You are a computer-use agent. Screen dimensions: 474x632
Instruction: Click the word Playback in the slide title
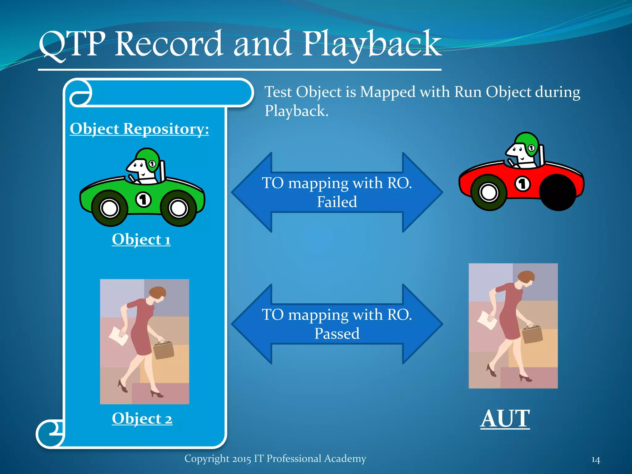372,45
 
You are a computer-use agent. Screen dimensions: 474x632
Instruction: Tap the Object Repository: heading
139,129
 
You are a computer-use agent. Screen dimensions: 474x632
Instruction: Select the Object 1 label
141,239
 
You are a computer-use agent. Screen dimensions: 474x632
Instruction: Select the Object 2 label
142,419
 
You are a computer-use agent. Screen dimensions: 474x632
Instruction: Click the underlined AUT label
505,419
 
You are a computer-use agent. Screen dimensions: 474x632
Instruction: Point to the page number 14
596,460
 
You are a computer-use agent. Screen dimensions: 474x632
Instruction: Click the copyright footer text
275,459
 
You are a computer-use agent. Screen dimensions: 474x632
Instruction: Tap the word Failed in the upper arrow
337,202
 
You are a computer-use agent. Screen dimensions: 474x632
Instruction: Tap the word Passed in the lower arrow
337,334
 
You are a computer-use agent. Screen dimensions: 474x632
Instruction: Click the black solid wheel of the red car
558,192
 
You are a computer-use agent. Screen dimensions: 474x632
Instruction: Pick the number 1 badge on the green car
143,200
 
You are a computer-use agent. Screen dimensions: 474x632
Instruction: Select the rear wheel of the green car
178,208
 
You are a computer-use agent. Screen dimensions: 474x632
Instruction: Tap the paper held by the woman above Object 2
119,337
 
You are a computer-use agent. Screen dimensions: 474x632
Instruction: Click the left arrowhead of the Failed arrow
252,192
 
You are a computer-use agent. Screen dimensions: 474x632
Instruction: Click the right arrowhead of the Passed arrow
423,324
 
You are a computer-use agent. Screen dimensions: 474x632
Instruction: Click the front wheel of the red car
489,193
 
